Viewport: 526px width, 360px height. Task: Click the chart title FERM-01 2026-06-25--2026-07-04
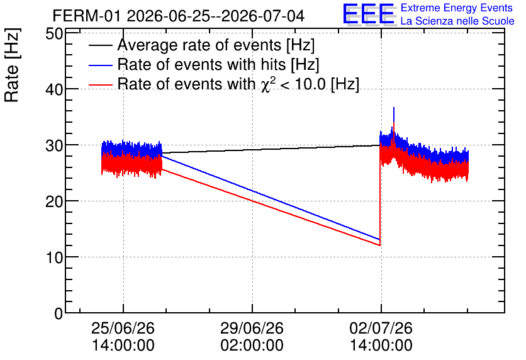(179, 16)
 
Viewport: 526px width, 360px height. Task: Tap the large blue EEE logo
(369, 14)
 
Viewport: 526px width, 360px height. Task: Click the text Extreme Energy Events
(457, 8)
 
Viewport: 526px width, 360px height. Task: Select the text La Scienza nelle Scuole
(457, 21)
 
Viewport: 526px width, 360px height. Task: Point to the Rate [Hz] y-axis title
(12, 65)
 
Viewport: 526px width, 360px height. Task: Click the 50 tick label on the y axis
(54, 33)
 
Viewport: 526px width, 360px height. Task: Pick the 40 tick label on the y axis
(54, 89)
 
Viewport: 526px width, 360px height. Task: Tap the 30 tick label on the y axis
(54, 145)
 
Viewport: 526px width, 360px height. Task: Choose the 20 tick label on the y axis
(54, 201)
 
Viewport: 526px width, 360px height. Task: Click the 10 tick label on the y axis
(54, 257)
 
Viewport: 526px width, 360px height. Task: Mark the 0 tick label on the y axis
(59, 313)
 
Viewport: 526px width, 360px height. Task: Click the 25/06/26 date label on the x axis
(123, 328)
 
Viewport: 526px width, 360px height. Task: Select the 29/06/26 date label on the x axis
(252, 328)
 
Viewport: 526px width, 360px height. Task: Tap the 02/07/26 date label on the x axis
(381, 328)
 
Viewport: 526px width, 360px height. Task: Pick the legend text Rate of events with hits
(218, 64)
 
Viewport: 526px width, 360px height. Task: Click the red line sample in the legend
(101, 84)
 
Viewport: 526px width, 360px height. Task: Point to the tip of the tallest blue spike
(393, 108)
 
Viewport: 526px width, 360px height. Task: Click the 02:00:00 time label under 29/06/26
(252, 346)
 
